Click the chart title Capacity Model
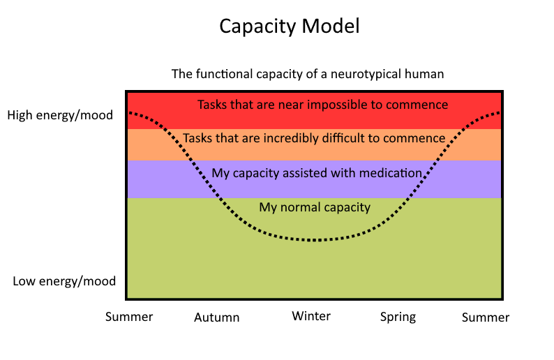coord(290,27)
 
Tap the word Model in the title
coord(330,26)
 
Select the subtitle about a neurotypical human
coord(308,74)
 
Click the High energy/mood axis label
coord(60,115)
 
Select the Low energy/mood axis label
coord(64,281)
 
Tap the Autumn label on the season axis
coord(216,317)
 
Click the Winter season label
coord(311,316)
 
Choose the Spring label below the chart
coord(398,317)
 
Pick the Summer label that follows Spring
coord(486,317)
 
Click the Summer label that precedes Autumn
coord(129,317)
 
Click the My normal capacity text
coord(315,207)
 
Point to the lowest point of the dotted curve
coord(315,240)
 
